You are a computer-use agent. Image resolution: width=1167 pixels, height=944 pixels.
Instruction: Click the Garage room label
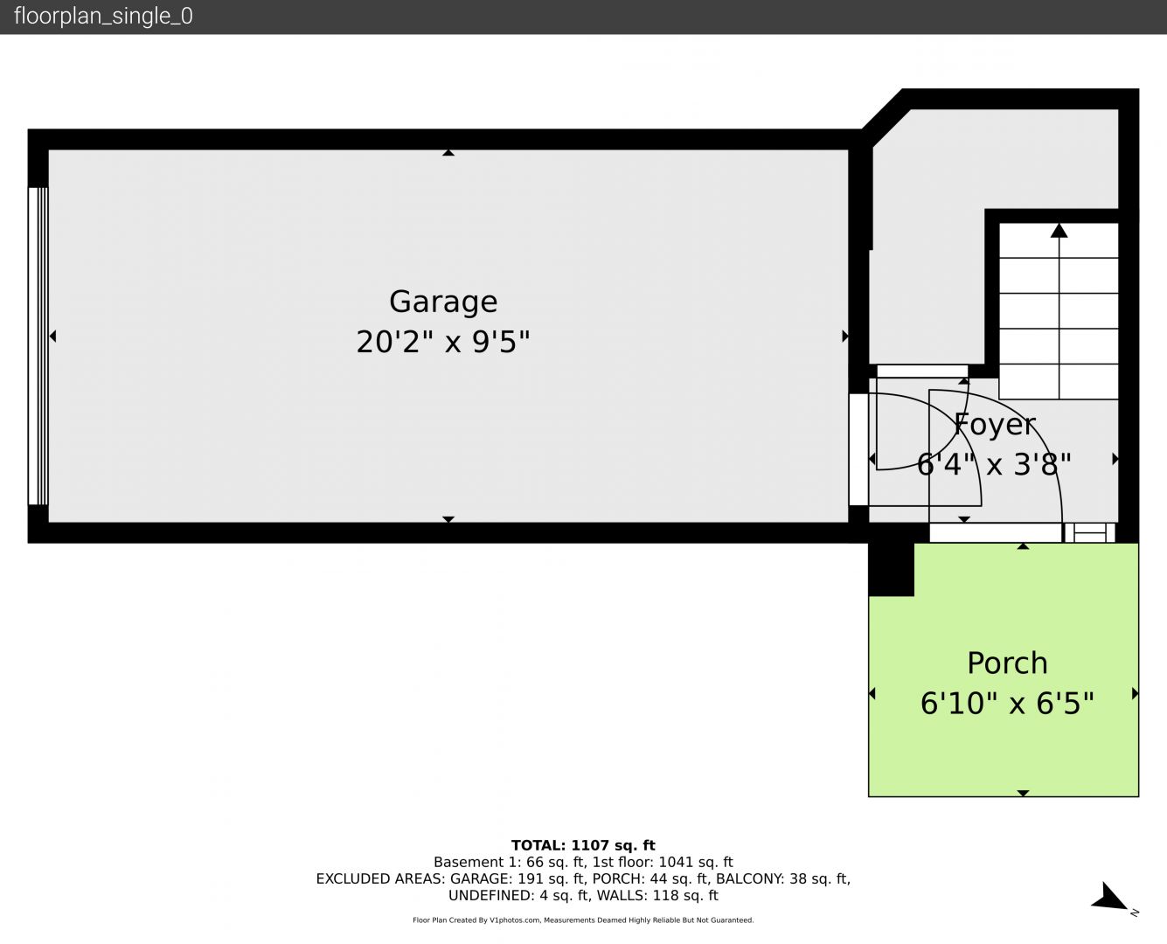click(443, 302)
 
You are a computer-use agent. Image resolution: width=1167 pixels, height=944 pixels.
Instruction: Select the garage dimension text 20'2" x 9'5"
click(443, 342)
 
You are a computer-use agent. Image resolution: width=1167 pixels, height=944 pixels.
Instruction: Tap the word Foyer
click(995, 425)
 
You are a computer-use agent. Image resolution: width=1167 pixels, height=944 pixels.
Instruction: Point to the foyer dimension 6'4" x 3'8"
click(994, 465)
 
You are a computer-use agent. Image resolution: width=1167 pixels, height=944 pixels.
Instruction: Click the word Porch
click(1007, 663)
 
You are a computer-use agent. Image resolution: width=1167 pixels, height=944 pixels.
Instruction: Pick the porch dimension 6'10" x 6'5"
click(1007, 704)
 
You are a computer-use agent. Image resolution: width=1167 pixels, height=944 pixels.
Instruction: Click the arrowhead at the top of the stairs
click(1059, 230)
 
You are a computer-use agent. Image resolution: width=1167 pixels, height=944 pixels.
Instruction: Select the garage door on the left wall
click(38, 346)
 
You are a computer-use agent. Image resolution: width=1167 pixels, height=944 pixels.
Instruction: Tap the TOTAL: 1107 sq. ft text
click(583, 845)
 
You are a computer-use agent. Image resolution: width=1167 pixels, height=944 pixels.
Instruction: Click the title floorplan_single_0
click(103, 17)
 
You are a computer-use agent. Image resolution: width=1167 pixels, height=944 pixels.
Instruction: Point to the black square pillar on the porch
click(892, 569)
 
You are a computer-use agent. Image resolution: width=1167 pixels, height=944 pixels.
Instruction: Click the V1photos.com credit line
click(583, 920)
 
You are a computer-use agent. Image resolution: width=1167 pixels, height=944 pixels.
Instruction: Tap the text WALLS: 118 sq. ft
click(657, 896)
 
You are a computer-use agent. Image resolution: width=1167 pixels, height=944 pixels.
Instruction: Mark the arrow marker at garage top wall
click(448, 153)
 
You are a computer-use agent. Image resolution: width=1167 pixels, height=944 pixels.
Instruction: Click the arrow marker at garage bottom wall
click(448, 519)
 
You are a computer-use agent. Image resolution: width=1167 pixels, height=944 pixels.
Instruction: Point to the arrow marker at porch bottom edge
click(1023, 794)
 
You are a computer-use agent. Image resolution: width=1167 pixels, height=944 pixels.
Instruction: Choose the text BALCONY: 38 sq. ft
click(783, 878)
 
